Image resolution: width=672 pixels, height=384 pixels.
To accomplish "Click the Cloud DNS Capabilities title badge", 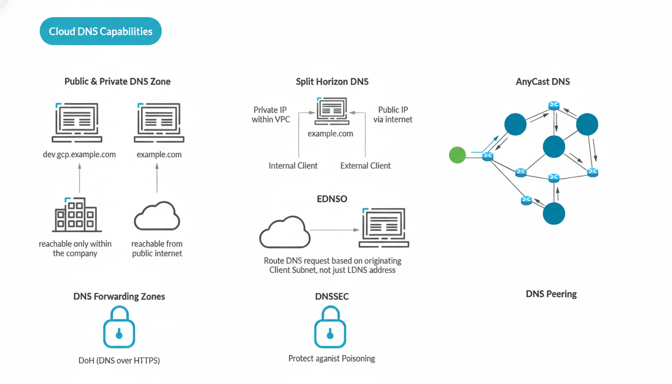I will tap(100, 31).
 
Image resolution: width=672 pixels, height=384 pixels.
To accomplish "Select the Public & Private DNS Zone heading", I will tap(117, 81).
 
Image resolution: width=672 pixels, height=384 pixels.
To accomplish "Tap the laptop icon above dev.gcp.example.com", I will tap(77, 123).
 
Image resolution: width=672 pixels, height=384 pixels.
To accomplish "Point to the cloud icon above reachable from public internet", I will tap(157, 216).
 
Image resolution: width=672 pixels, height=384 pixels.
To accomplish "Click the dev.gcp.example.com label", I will tap(79, 154).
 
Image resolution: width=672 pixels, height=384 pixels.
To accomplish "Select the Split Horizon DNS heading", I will tap(332, 81).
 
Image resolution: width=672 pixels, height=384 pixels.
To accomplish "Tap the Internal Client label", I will tap(293, 165).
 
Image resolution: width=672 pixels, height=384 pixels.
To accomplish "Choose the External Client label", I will tap(365, 165).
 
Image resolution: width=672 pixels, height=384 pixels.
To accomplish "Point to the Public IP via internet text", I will tap(393, 114).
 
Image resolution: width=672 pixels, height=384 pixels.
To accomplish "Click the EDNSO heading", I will tap(332, 199).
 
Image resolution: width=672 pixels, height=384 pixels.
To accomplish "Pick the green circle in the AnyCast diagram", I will tap(457, 155).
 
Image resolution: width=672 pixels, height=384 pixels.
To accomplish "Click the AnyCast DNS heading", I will tap(542, 81).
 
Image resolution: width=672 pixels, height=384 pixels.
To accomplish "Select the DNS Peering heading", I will tap(551, 294).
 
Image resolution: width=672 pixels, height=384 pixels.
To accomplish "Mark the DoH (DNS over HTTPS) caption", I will tap(119, 360).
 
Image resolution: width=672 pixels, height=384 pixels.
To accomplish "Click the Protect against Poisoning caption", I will tap(331, 358).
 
